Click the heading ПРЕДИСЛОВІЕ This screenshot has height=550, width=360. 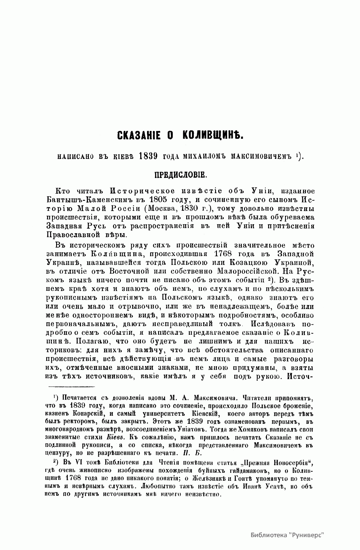point(180,175)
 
